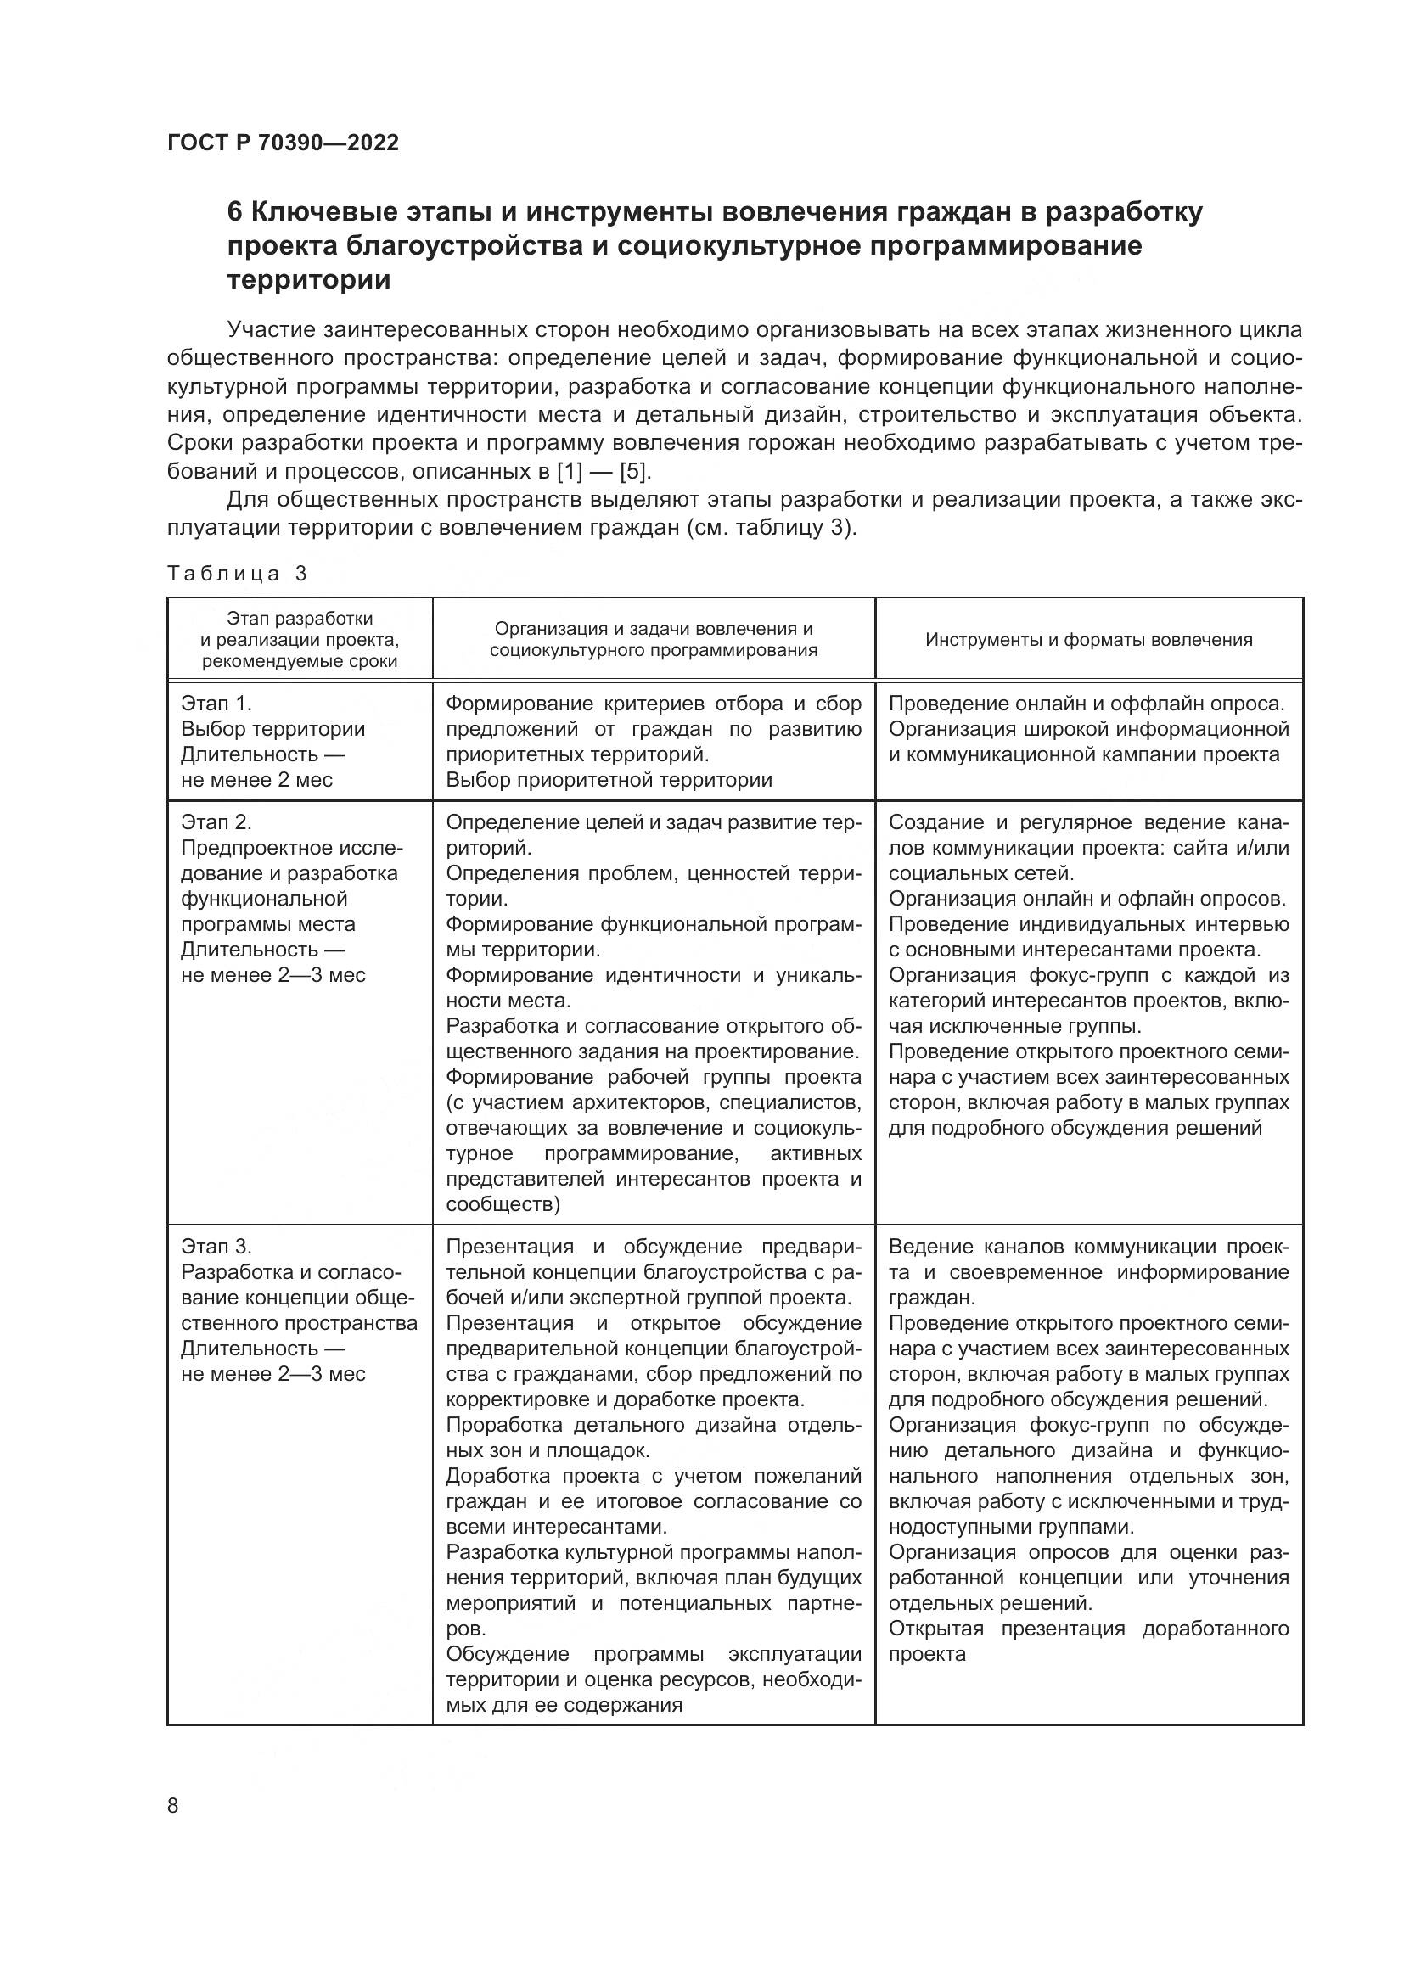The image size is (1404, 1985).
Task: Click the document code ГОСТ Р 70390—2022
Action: point(283,143)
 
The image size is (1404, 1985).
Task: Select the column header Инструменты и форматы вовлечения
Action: point(1088,640)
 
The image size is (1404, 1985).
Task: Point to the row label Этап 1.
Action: point(216,703)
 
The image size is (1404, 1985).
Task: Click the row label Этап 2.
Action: point(216,821)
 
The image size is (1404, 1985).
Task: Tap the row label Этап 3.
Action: point(216,1246)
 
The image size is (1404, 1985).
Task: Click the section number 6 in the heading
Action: point(234,213)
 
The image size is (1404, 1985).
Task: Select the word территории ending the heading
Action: point(309,281)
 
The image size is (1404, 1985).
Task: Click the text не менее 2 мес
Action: point(256,779)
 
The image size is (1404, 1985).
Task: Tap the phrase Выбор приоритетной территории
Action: point(609,779)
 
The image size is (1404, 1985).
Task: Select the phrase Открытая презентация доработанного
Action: point(1088,1629)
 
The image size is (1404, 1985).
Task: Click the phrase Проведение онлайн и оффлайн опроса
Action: point(1087,703)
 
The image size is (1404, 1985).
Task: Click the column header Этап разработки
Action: point(299,618)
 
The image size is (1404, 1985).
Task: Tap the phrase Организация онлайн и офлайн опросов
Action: point(1087,898)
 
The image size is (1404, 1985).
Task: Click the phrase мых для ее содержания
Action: point(564,1705)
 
